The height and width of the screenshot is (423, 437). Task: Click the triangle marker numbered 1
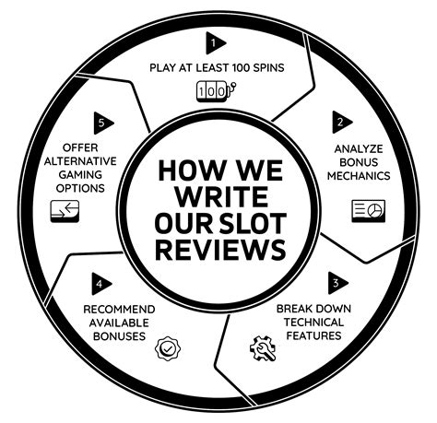[x=215, y=43]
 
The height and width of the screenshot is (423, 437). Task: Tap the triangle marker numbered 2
[x=340, y=123]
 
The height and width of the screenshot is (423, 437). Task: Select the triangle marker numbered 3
[x=337, y=283]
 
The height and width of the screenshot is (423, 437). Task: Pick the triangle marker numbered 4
[x=100, y=284]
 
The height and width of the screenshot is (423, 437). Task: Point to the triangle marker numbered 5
[x=102, y=123]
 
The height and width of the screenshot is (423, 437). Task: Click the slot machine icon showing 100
[x=216, y=91]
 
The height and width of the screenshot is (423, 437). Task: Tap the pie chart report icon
[x=368, y=211]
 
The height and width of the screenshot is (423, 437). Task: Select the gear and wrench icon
[x=263, y=348]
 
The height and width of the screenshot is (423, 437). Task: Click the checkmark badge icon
[x=168, y=348]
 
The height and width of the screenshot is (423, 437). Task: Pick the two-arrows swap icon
[x=65, y=211]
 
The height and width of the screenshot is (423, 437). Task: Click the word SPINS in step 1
[x=268, y=67]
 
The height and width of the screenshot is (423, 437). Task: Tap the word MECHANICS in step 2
[x=359, y=176]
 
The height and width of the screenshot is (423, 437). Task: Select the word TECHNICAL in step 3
[x=313, y=323]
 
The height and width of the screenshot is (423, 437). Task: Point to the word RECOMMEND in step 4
[x=119, y=310]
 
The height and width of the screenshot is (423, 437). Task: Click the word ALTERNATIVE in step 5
[x=80, y=161]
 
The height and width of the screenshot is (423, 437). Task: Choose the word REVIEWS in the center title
[x=220, y=250]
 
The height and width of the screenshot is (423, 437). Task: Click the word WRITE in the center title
[x=221, y=196]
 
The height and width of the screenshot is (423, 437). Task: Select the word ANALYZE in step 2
[x=359, y=149]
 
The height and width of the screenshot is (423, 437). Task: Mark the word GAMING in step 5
[x=80, y=175]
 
